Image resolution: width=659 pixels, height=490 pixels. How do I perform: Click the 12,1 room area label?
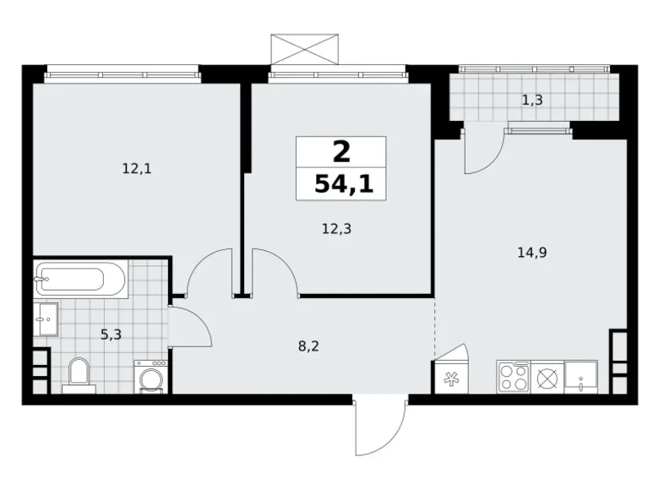[x=136, y=168]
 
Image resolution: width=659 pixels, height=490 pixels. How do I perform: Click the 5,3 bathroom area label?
[x=110, y=334]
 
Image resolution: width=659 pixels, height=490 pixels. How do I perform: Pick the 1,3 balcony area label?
[x=531, y=101]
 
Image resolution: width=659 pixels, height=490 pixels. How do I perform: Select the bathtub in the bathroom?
[x=80, y=278]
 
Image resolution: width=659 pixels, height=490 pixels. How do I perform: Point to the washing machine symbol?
[x=150, y=376]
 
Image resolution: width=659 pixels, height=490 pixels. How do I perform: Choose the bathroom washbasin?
[x=47, y=318]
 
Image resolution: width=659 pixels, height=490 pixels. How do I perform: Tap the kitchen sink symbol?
[x=581, y=375]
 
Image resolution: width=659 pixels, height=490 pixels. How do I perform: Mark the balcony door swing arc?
[x=484, y=152]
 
